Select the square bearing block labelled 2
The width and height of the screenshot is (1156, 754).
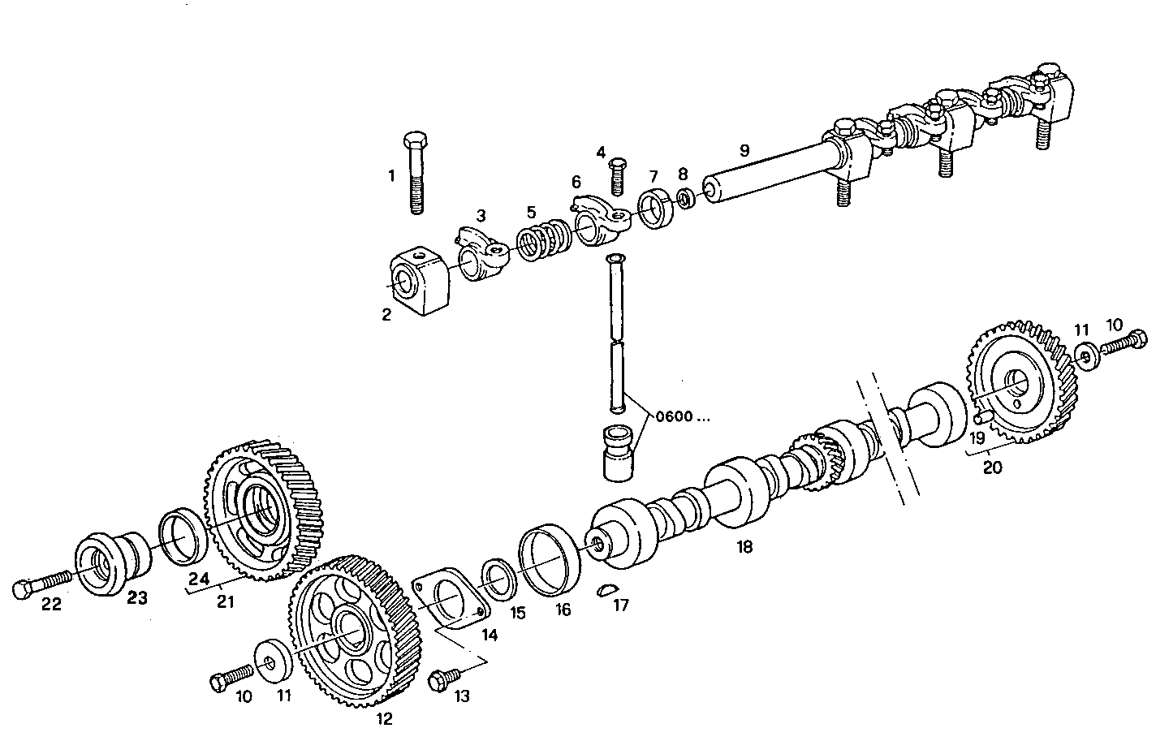click(419, 281)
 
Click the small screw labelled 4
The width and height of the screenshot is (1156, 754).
click(617, 175)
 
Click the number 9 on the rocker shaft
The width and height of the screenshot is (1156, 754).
click(744, 150)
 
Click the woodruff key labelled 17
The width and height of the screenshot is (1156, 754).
click(606, 590)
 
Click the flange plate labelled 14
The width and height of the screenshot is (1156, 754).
click(450, 601)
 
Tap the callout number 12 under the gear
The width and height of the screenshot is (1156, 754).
click(384, 719)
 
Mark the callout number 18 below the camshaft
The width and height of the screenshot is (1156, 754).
click(744, 547)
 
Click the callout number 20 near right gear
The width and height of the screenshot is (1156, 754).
click(992, 467)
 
